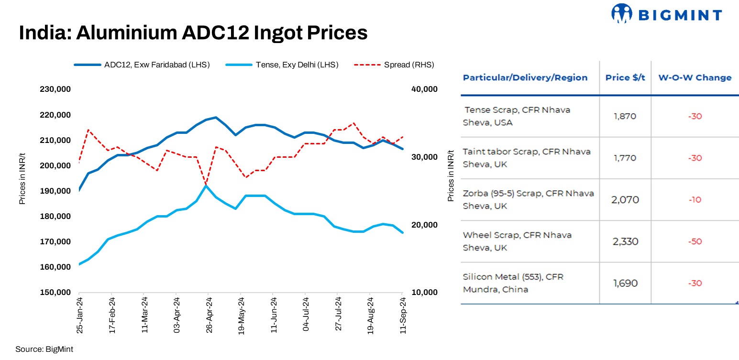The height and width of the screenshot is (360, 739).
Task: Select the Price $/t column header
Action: pyautogui.click(x=625, y=77)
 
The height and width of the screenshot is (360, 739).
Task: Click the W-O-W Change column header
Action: pyautogui.click(x=695, y=77)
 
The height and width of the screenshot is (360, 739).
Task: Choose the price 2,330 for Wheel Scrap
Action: pyautogui.click(x=625, y=241)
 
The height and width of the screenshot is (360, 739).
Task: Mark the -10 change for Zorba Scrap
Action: pyautogui.click(x=695, y=200)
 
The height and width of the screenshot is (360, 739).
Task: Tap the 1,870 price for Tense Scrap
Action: pyautogui.click(x=625, y=116)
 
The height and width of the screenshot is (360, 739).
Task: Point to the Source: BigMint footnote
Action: pyautogui.click(x=44, y=349)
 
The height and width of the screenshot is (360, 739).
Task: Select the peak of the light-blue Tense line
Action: pyautogui.click(x=206, y=185)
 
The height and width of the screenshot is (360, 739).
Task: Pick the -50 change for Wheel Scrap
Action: pyautogui.click(x=695, y=241)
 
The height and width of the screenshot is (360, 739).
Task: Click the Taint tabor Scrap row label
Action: pyautogui.click(x=526, y=158)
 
